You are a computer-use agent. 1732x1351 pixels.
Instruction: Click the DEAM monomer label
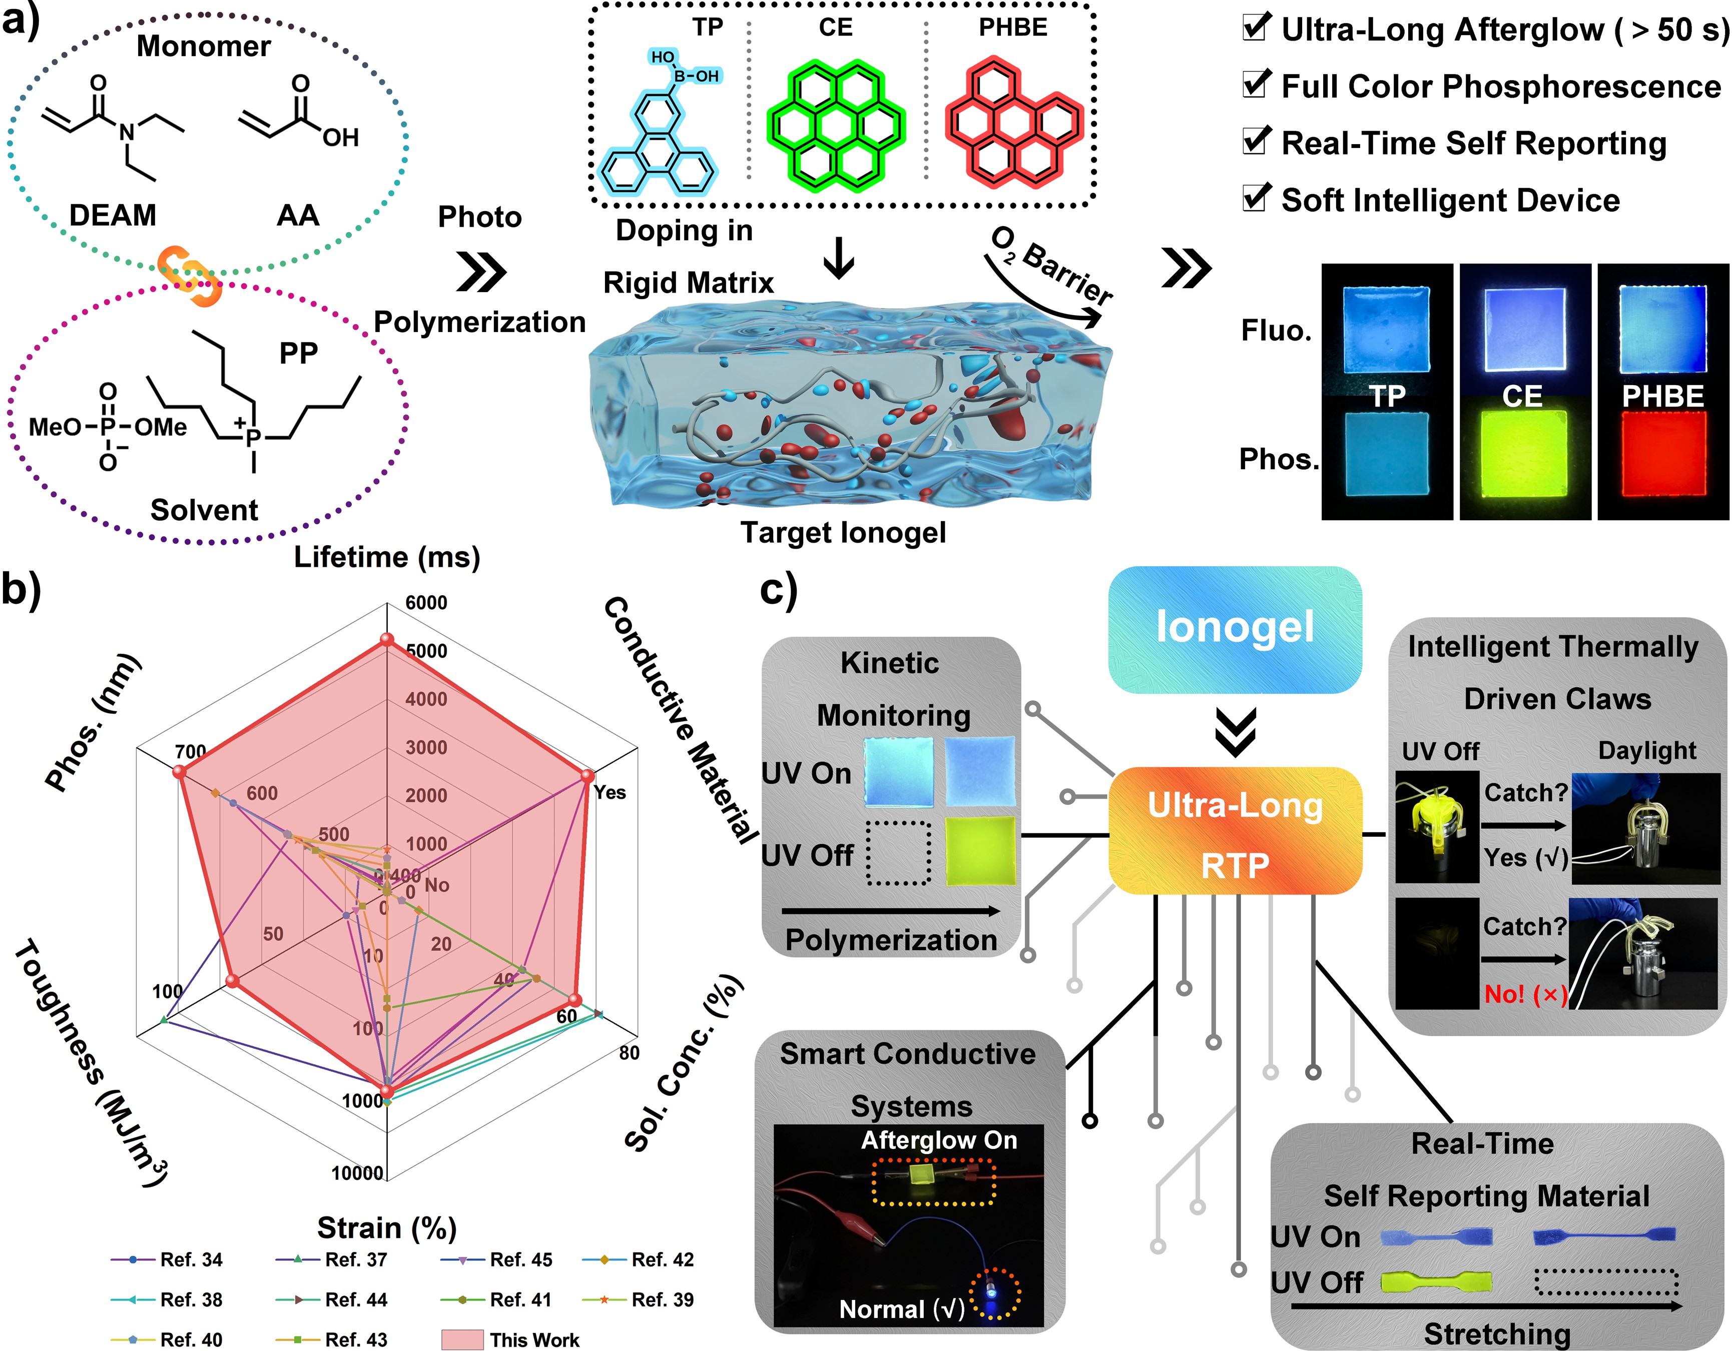click(113, 215)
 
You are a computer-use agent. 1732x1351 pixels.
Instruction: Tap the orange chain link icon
click(189, 275)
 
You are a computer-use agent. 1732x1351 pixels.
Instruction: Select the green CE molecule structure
click(836, 125)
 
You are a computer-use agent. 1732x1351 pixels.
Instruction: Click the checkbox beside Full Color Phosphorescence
click(1256, 83)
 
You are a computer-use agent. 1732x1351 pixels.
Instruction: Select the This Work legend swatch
click(462, 1339)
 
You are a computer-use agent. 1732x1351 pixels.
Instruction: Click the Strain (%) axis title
click(387, 1227)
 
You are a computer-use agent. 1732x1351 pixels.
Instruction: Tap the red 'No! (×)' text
click(1525, 993)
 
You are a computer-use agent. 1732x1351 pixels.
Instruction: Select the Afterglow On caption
click(939, 1139)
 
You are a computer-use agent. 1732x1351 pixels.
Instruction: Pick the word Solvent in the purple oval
click(205, 510)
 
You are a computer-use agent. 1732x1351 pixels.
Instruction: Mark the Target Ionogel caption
click(843, 533)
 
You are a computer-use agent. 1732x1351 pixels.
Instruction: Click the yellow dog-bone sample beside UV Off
click(1435, 1282)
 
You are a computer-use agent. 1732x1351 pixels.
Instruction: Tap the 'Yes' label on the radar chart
click(610, 792)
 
